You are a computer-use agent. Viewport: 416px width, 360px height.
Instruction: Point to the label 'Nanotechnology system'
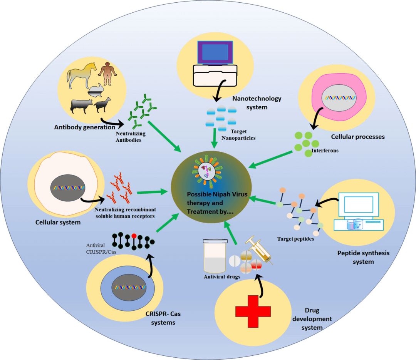click(x=257, y=103)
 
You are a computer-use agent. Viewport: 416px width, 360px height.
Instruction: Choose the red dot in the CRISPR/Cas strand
click(x=134, y=235)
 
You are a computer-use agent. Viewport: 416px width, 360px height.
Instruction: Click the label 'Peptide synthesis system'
click(x=358, y=257)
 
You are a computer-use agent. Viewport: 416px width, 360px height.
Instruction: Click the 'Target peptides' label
click(x=295, y=239)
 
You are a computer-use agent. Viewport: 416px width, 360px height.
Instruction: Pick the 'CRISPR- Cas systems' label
click(x=163, y=318)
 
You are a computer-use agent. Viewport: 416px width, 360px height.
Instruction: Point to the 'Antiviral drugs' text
click(x=223, y=277)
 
